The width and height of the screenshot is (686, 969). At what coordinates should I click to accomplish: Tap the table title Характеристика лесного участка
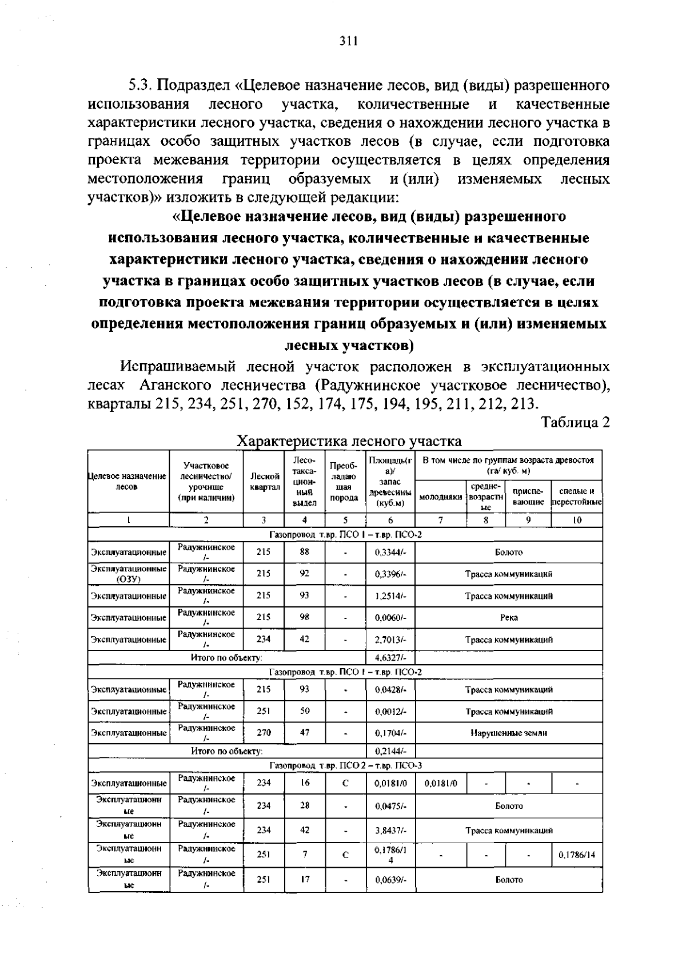click(349, 441)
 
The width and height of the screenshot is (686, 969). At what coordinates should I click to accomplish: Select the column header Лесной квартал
click(264, 481)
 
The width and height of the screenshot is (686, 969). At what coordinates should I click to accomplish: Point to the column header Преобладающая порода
click(345, 481)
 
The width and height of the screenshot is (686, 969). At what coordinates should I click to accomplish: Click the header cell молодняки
click(441, 497)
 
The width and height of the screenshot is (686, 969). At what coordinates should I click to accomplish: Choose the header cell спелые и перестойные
click(577, 497)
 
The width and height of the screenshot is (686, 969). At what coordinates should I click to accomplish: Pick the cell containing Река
click(509, 618)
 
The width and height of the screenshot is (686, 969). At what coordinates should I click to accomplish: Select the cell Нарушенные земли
click(509, 733)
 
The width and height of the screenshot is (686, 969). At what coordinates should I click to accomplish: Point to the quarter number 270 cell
click(264, 732)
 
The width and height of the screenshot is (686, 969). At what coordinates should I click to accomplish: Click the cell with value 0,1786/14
click(577, 855)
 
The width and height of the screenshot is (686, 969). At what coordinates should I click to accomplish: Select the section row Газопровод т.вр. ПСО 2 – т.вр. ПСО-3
click(345, 765)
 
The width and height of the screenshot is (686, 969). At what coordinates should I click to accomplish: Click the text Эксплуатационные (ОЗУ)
click(129, 574)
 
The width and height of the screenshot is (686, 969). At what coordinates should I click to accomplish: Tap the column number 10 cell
click(577, 520)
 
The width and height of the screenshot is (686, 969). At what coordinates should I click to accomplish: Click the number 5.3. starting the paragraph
click(140, 86)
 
